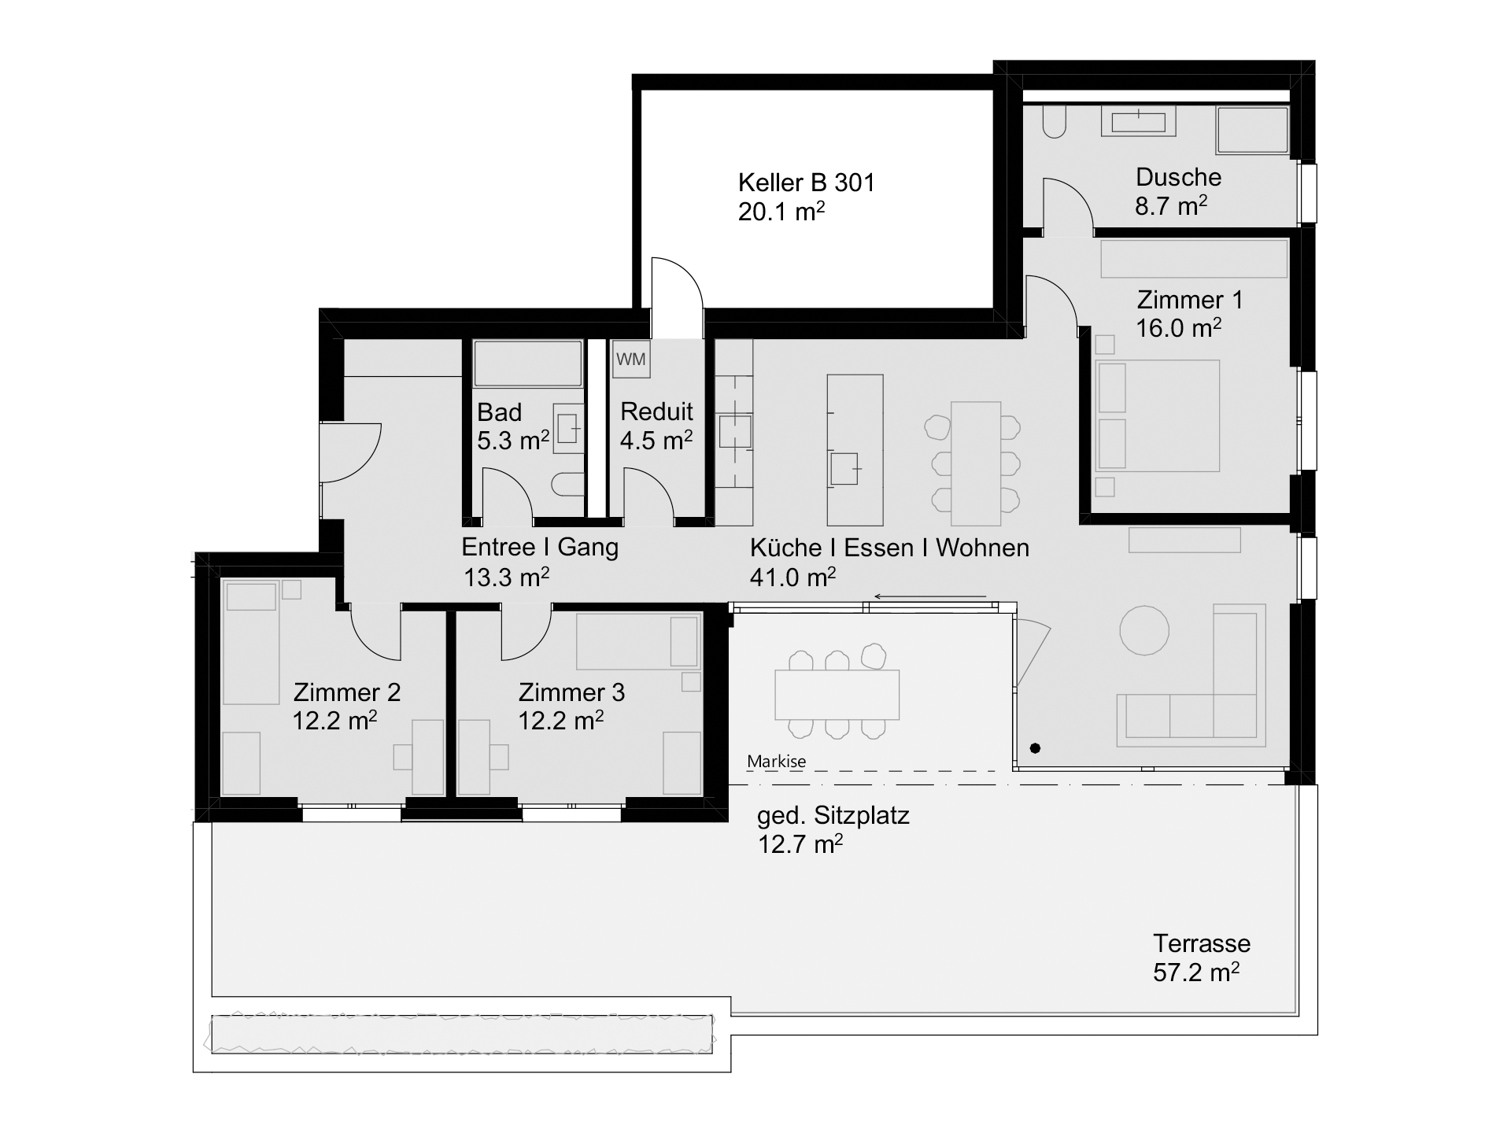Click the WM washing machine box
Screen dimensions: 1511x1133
point(630,360)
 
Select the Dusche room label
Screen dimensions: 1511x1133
point(1178,177)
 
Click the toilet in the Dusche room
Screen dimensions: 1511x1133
point(1054,122)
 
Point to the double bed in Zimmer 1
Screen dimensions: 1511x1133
point(1158,416)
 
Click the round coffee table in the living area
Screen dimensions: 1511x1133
point(1143,630)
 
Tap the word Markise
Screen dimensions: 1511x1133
point(776,762)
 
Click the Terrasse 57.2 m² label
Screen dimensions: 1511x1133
point(1201,958)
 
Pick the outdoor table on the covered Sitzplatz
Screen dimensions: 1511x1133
point(837,694)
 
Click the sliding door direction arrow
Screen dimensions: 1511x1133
point(930,596)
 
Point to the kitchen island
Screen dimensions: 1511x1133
point(855,449)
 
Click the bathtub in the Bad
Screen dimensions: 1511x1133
point(527,363)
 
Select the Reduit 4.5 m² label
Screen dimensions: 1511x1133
point(656,426)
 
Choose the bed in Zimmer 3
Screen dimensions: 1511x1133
point(638,641)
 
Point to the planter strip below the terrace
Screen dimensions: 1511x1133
point(462,1034)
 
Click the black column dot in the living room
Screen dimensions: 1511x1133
point(1035,747)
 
